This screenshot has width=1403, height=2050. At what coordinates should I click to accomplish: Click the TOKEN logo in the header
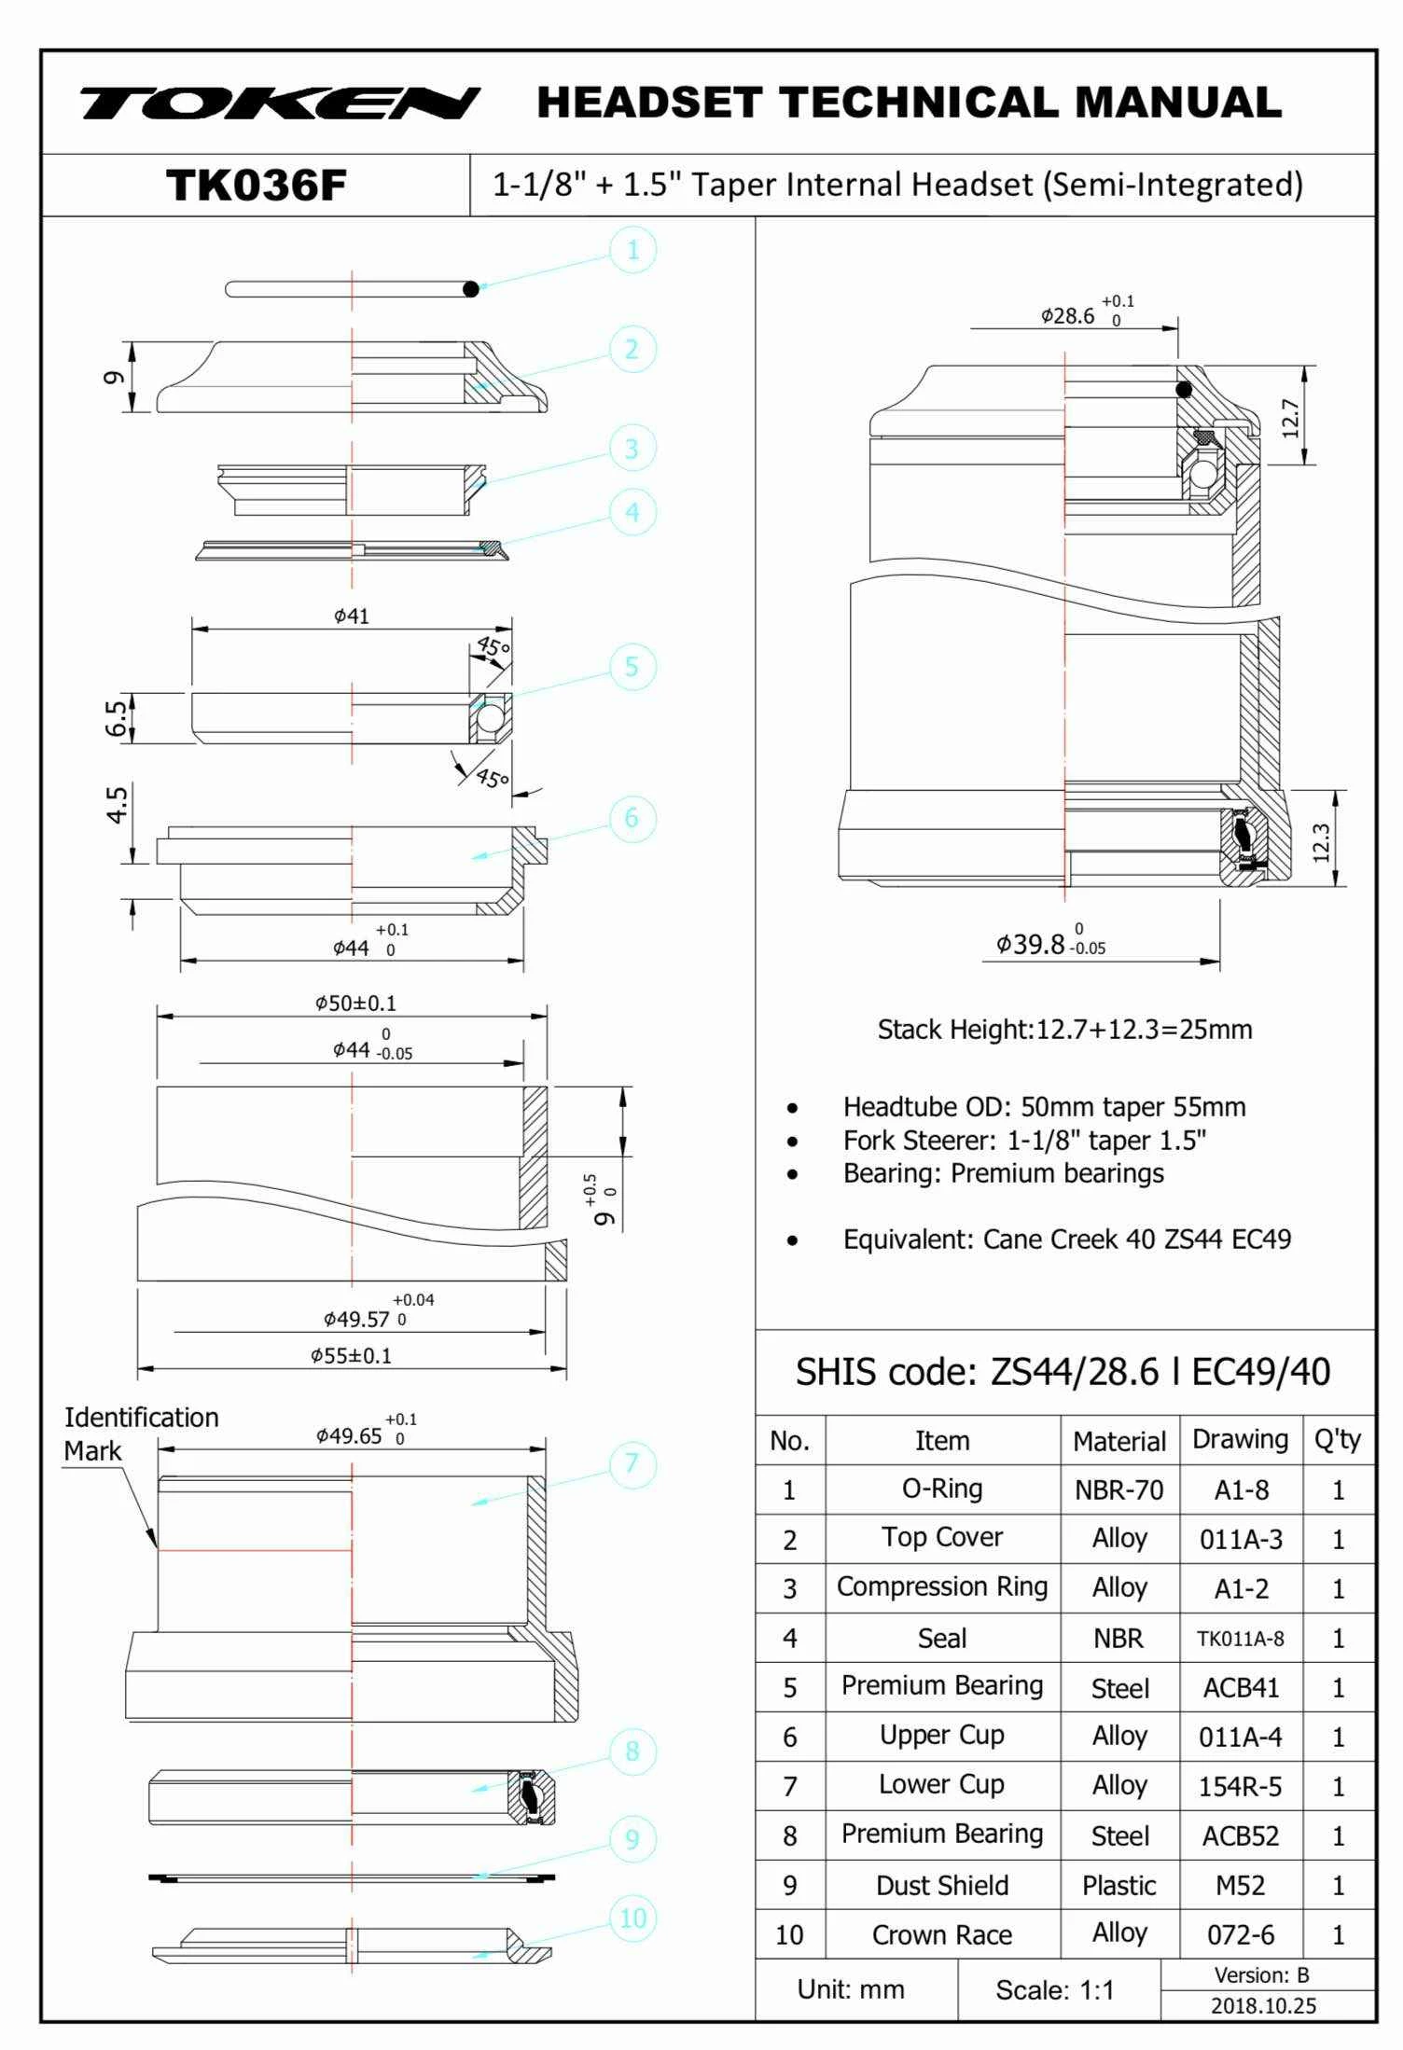click(x=279, y=103)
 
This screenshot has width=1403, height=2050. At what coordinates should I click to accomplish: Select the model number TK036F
click(x=256, y=185)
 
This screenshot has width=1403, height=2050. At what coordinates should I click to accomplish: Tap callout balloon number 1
click(x=632, y=250)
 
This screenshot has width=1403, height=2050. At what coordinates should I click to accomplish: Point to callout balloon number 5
click(x=632, y=667)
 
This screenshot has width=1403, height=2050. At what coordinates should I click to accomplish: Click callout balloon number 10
click(x=632, y=1918)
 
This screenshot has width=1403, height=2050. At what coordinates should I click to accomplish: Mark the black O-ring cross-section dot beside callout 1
click(x=471, y=289)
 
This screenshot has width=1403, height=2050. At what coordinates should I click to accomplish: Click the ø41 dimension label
click(x=352, y=616)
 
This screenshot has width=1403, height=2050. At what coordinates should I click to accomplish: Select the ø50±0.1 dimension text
click(x=355, y=1003)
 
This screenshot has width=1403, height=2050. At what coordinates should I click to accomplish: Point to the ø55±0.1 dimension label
click(x=351, y=1355)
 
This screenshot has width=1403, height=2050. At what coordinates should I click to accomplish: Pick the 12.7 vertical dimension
click(x=1290, y=417)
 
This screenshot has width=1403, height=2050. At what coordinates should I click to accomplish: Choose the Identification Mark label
click(x=140, y=1434)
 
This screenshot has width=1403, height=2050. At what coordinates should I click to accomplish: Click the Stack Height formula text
click(x=1064, y=1029)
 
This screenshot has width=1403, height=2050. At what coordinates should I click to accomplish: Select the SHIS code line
click(x=1063, y=1372)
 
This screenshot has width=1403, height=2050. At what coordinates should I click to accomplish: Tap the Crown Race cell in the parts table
click(x=941, y=1934)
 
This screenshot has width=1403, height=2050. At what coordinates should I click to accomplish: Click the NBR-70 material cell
click(x=1118, y=1489)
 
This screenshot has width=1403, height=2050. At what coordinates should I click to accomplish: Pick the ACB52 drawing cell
click(x=1240, y=1835)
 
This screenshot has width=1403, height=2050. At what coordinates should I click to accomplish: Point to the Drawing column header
click(x=1240, y=1439)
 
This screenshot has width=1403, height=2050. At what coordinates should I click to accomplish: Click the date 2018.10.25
click(x=1263, y=2005)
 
